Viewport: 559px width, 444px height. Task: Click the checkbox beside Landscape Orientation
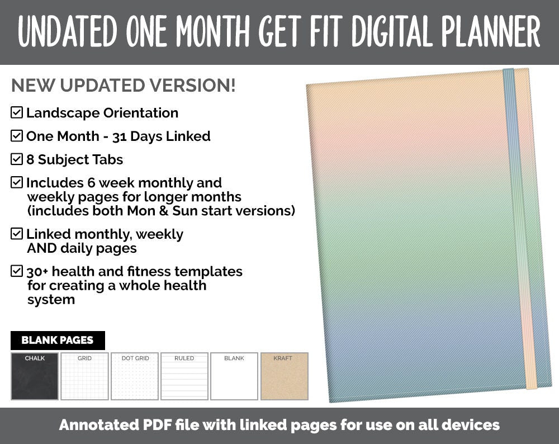(17, 112)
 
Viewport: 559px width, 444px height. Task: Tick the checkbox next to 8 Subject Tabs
(17, 159)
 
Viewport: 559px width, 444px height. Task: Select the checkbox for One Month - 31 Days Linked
(17, 136)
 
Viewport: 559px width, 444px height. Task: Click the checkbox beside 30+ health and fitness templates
(17, 272)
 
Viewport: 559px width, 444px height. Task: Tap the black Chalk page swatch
(35, 376)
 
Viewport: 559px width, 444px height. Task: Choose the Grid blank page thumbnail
(84, 376)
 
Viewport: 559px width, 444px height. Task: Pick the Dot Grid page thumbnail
(135, 376)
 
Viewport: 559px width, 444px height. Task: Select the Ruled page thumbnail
(184, 376)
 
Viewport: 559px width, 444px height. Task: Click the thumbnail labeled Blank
(234, 376)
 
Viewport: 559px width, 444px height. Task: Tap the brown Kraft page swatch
(284, 376)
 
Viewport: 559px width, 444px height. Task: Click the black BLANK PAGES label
(58, 340)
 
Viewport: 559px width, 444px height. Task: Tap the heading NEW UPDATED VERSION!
(123, 86)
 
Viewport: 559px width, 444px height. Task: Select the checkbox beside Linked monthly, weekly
(17, 234)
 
